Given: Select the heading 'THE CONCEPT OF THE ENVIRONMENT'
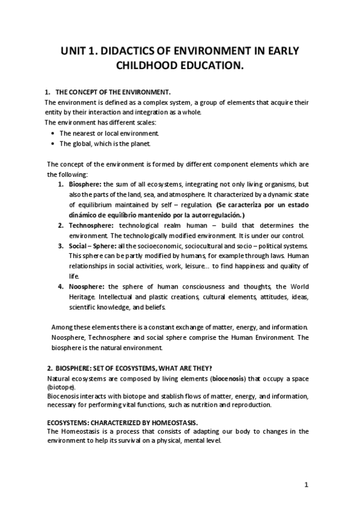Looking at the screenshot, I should coord(113,92).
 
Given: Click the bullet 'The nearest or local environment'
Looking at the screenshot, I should coord(109,133).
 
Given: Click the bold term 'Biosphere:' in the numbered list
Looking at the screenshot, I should coord(85,183).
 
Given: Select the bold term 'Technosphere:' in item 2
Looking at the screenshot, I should coord(91,225).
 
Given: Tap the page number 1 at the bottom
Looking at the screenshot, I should coord(306,485).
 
